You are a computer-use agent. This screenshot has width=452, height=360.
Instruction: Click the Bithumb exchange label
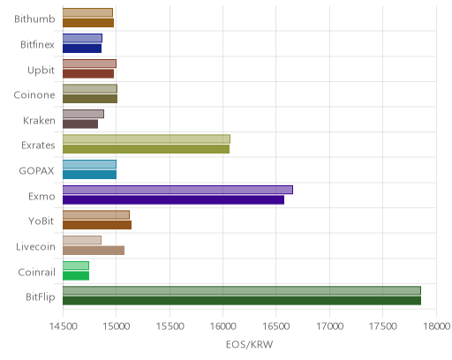[x=34, y=19]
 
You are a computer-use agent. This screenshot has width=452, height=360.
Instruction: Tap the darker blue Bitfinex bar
[x=82, y=49]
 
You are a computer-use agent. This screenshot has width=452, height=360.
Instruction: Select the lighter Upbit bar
[x=89, y=64]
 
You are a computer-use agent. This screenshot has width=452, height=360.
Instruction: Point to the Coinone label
[x=34, y=95]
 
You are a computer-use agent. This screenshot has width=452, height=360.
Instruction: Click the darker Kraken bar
[x=80, y=124]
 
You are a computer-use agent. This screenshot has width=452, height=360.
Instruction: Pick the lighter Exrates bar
[x=147, y=139]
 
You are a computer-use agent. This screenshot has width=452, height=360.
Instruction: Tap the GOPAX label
[x=36, y=171]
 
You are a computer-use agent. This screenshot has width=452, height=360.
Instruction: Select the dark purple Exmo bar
[x=173, y=200]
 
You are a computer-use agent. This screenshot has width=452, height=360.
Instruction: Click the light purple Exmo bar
[x=177, y=190]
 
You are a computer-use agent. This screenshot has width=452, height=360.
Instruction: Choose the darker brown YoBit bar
[x=97, y=225]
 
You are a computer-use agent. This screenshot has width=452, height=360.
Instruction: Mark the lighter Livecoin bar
[x=82, y=240]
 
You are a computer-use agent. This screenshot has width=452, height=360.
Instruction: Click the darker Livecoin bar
[x=94, y=251]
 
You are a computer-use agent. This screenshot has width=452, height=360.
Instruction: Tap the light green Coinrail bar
[x=76, y=266]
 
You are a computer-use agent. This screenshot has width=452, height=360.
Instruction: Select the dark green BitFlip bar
[x=242, y=301]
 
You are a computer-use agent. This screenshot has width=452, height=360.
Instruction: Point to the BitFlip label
[x=41, y=297]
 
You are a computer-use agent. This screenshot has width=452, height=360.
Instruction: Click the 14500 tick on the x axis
[x=63, y=326]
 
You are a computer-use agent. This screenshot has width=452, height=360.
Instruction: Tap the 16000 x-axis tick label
[x=223, y=326]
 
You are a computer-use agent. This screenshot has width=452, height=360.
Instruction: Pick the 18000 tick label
[x=437, y=326]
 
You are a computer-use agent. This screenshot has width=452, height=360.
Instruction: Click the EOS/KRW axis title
[x=250, y=344]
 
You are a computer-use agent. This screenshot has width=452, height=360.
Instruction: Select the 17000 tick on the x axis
[x=330, y=326]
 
